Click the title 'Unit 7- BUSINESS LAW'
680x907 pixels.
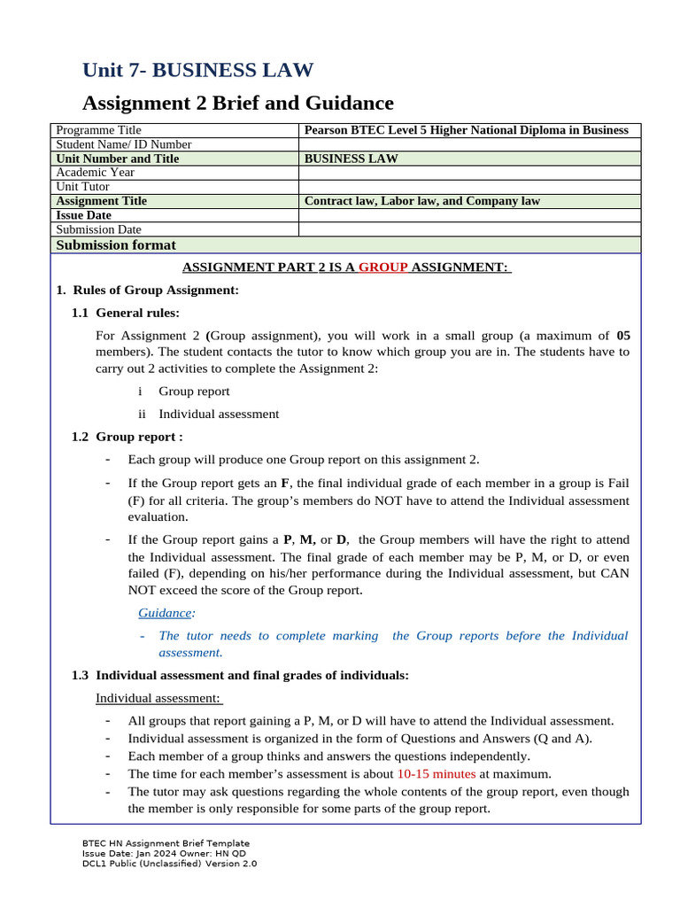tap(197, 71)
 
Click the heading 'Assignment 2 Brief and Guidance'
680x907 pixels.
tap(238, 103)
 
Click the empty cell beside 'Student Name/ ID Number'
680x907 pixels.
tap(469, 144)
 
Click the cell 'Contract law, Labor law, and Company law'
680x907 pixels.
tap(421, 201)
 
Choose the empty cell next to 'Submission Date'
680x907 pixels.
tap(469, 229)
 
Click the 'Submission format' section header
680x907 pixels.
tap(116, 245)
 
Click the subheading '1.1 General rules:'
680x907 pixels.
tap(125, 313)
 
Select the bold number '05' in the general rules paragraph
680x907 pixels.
tap(622, 336)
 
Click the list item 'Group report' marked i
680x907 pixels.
tap(194, 391)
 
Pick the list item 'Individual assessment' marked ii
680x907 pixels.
tap(219, 414)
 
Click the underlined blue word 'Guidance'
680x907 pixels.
tap(165, 613)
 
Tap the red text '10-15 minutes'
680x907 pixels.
tap(436, 773)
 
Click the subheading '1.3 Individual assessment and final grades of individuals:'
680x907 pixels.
tap(240, 676)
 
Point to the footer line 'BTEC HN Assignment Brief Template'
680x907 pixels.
tap(166, 843)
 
